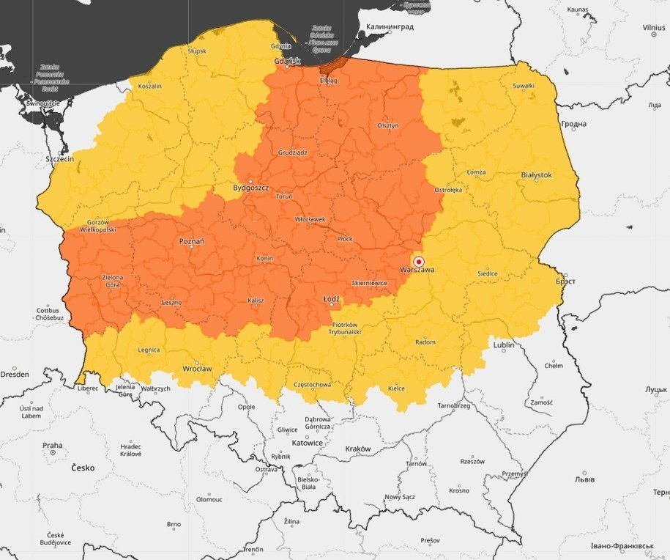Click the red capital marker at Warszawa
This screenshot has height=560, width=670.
(419, 261)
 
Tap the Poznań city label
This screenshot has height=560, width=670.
(191, 241)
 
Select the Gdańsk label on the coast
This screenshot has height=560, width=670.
(287, 61)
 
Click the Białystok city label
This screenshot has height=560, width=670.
(535, 175)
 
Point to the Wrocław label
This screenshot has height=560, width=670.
(197, 369)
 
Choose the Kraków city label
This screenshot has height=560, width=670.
(357, 449)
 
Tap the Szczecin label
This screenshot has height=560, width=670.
(60, 159)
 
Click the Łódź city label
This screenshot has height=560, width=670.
(331, 300)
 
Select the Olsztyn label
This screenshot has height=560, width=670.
(388, 125)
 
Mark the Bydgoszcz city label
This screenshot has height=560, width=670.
(251, 188)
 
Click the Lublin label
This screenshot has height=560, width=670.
(503, 345)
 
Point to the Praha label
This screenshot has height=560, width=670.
(52, 445)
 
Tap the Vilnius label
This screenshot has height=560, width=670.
(653, 27)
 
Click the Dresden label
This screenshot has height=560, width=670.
(15, 374)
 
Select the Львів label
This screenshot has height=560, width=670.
(584, 479)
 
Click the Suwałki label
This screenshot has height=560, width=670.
(523, 86)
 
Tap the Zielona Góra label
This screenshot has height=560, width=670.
(113, 281)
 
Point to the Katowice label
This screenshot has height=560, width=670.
(307, 443)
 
